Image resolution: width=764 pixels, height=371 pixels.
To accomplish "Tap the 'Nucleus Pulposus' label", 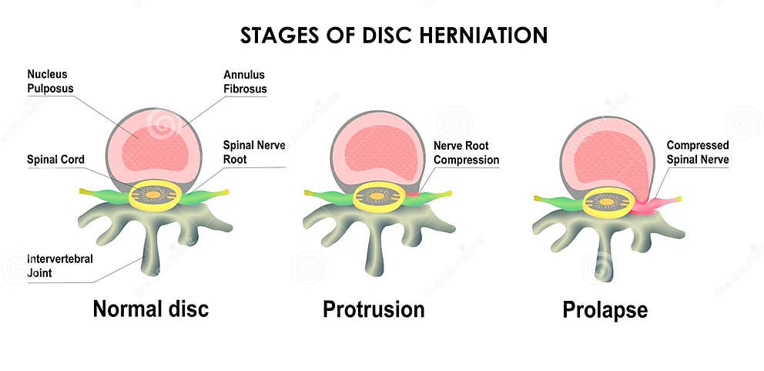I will click(x=48, y=81).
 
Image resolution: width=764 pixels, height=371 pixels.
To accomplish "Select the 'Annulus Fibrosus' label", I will click(x=245, y=82).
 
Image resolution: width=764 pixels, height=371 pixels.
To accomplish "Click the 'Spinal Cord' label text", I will click(x=55, y=160).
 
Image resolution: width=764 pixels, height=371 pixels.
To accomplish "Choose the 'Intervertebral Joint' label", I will click(x=60, y=265).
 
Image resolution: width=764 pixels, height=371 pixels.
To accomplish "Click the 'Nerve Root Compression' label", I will click(x=466, y=153).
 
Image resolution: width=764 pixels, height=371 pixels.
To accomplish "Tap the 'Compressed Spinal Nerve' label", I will click(x=697, y=152).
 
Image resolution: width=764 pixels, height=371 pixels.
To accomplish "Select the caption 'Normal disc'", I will click(x=150, y=309).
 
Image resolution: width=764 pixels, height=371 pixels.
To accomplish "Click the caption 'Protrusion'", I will click(x=374, y=309).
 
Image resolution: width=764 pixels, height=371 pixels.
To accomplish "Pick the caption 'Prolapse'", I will click(x=605, y=310).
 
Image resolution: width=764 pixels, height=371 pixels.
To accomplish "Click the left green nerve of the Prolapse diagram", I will click(x=558, y=202).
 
